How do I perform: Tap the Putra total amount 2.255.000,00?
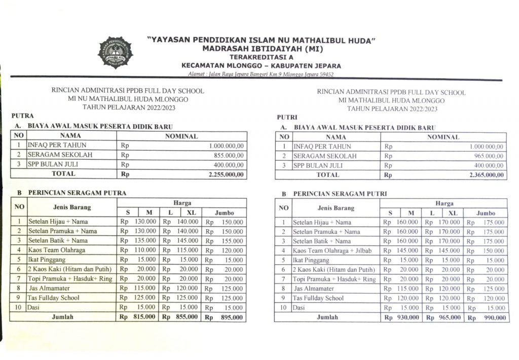[227, 174]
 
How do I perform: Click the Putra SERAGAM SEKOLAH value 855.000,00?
[230, 155]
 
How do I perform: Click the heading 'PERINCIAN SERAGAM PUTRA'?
[77, 193]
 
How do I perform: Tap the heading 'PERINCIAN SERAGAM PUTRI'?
[340, 194]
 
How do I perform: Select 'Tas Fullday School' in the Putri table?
[318, 298]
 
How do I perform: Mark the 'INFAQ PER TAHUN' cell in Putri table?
[322, 147]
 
